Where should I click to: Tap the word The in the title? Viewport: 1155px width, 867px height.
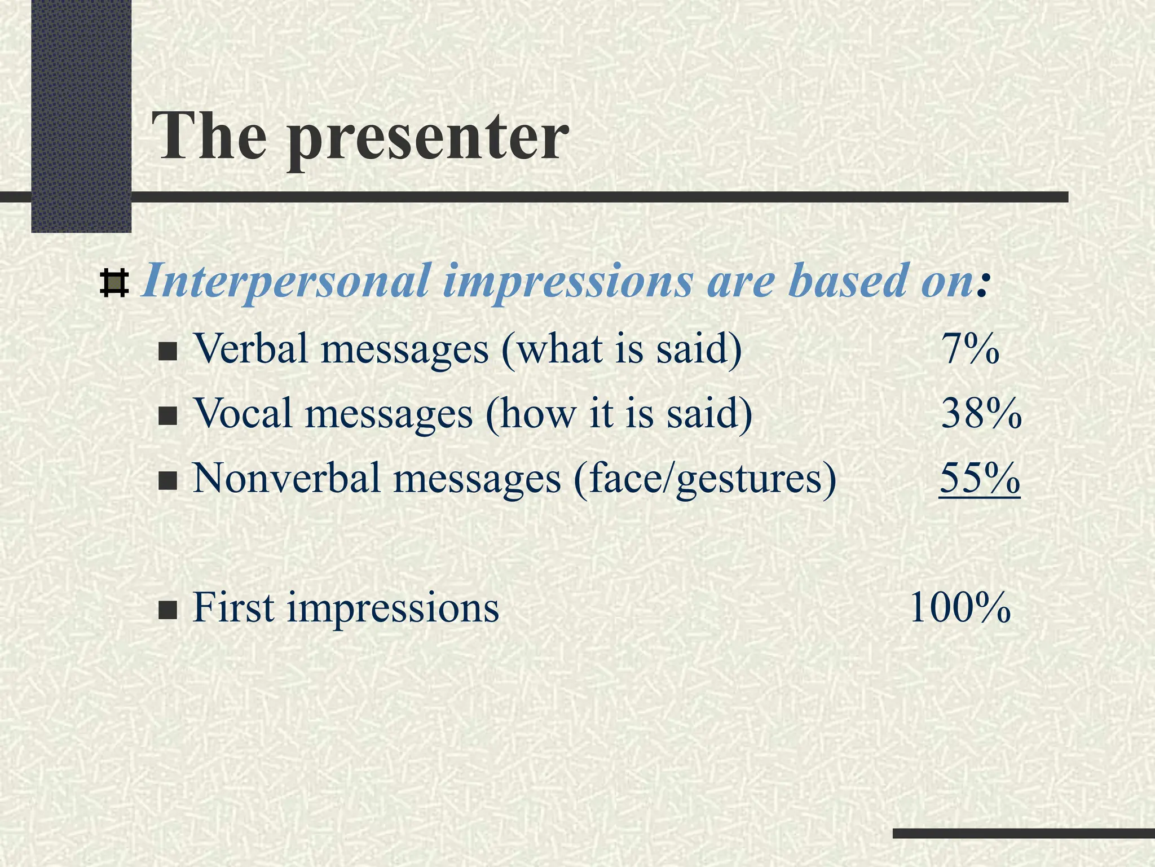pyautogui.click(x=210, y=135)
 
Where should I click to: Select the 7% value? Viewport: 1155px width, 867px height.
pyautogui.click(x=970, y=349)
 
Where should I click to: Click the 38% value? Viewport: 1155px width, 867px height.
pyautogui.click(x=981, y=414)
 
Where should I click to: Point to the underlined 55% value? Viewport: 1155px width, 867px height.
pyautogui.click(x=980, y=479)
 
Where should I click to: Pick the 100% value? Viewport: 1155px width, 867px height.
pyautogui.click(x=959, y=608)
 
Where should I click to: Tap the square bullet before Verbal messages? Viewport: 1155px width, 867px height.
pyautogui.click(x=167, y=353)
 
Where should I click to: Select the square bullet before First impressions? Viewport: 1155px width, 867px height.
pyautogui.click(x=167, y=611)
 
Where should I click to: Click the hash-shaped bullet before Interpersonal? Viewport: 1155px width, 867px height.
pyautogui.click(x=114, y=284)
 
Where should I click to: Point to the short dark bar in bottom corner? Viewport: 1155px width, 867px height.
pyautogui.click(x=1023, y=833)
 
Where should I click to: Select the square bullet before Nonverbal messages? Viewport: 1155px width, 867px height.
pyautogui.click(x=167, y=483)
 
